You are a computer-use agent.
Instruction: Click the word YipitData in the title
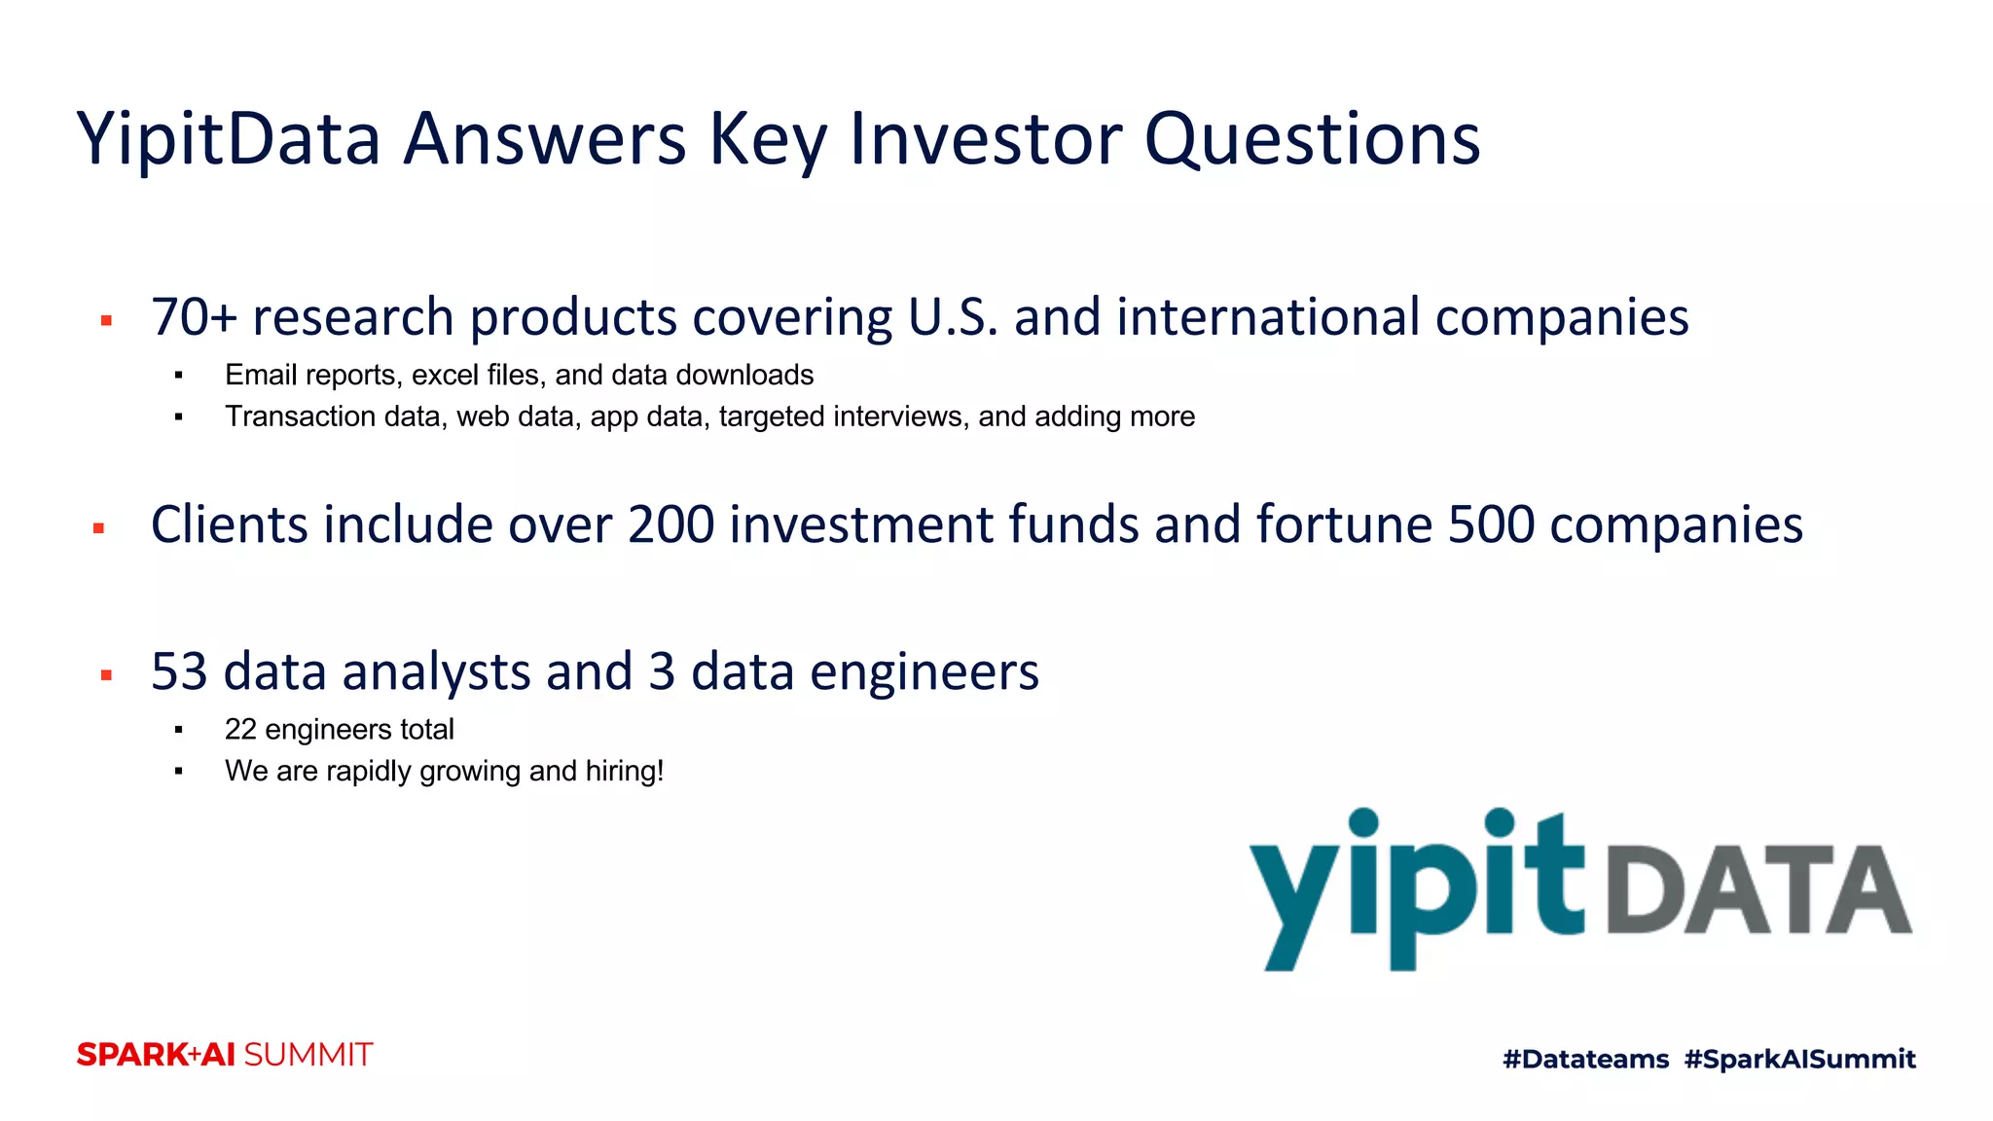tap(229, 140)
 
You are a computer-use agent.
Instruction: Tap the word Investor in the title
tap(985, 140)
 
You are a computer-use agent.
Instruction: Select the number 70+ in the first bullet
tap(194, 318)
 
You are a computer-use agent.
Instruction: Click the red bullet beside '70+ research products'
tap(107, 320)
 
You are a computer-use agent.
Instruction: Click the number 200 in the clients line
tap(670, 525)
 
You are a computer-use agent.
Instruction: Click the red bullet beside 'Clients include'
tap(98, 528)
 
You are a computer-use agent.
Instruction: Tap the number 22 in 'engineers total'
tap(239, 729)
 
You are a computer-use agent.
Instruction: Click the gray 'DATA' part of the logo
tap(1757, 890)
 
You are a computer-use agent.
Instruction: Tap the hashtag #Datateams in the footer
tap(1585, 1059)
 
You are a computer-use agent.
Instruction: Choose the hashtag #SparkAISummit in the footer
tap(1799, 1059)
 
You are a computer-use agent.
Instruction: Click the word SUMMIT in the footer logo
tap(308, 1055)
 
